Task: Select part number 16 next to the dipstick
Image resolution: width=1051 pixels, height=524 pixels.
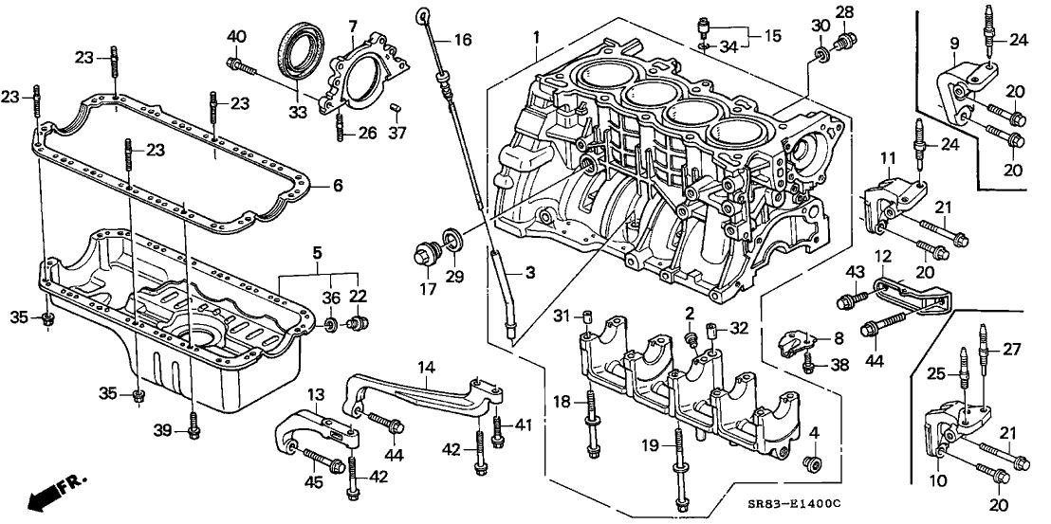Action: point(461,40)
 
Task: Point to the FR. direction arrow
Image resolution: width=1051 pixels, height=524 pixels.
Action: point(53,492)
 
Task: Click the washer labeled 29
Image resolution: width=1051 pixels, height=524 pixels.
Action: point(453,239)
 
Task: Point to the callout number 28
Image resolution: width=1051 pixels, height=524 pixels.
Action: point(843,12)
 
